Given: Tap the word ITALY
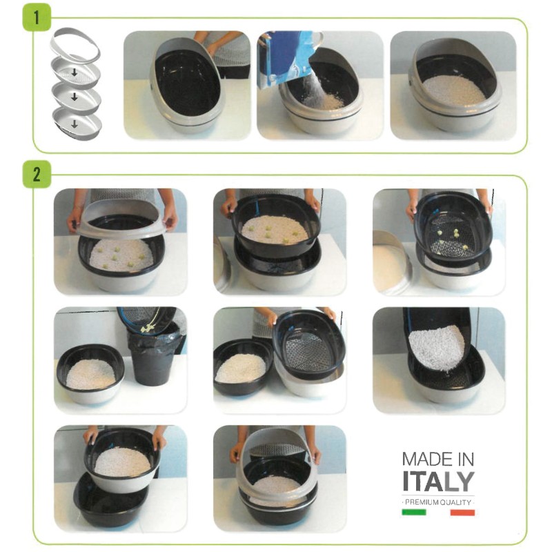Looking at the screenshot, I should [x=438, y=481].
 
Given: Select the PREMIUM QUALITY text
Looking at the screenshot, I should [x=438, y=502].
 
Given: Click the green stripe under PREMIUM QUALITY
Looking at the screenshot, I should [x=413, y=513].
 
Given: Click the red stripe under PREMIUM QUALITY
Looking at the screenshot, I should [x=462, y=513].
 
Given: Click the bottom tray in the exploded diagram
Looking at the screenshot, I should [x=76, y=125].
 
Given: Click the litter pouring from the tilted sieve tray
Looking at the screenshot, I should [x=436, y=346].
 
